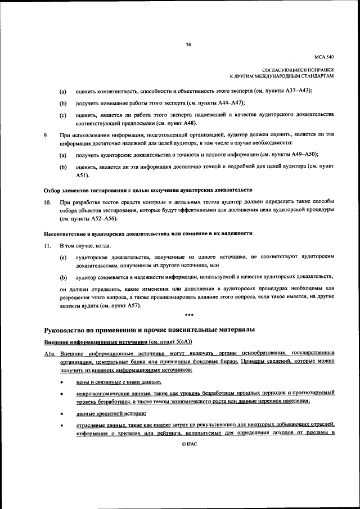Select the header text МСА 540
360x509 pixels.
tap(324, 56)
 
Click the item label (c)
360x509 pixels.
tap(64, 116)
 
